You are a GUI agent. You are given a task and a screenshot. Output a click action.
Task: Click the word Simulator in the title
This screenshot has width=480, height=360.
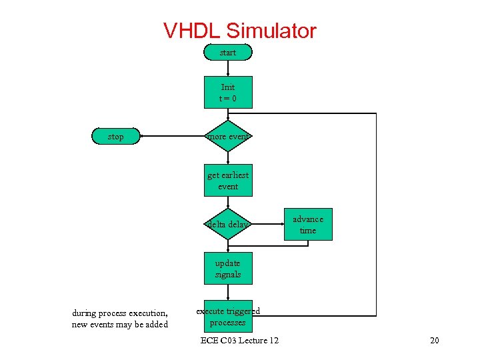click(x=271, y=31)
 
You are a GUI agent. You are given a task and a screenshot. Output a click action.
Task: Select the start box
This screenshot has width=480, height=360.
click(x=228, y=53)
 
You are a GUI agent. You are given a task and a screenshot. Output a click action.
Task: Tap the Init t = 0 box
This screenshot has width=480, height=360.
click(x=228, y=93)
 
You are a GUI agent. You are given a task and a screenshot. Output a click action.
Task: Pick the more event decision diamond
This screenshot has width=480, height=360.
click(x=228, y=137)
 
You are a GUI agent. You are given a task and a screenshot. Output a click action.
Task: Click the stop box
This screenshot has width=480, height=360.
click(x=116, y=137)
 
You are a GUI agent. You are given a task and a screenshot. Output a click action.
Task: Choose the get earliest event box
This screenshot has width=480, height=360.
click(x=228, y=181)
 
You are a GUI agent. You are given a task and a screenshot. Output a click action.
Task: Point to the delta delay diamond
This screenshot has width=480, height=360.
click(x=228, y=225)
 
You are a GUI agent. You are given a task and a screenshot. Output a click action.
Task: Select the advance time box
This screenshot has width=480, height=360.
click(x=308, y=225)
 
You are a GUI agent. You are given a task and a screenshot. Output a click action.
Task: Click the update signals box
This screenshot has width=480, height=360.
click(x=228, y=269)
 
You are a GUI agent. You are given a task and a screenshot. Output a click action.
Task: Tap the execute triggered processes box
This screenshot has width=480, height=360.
click(x=228, y=317)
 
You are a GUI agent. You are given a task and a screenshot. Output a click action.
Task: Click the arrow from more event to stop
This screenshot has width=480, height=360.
click(x=173, y=137)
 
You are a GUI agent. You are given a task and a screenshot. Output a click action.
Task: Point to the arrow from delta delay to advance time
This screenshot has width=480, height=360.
click(x=267, y=225)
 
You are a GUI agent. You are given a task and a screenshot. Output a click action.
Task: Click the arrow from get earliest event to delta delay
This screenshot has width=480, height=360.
click(x=228, y=203)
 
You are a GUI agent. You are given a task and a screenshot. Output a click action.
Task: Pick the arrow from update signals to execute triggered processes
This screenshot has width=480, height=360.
click(x=228, y=291)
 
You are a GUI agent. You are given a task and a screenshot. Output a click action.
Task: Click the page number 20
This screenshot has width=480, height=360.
click(x=435, y=341)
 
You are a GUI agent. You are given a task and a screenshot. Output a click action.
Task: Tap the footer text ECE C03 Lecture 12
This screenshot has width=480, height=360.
click(x=240, y=341)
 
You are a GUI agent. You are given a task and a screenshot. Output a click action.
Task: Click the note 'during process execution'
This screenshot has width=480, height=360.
click(x=120, y=313)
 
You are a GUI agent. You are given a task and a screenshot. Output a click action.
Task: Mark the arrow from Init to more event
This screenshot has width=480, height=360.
click(x=228, y=114)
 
